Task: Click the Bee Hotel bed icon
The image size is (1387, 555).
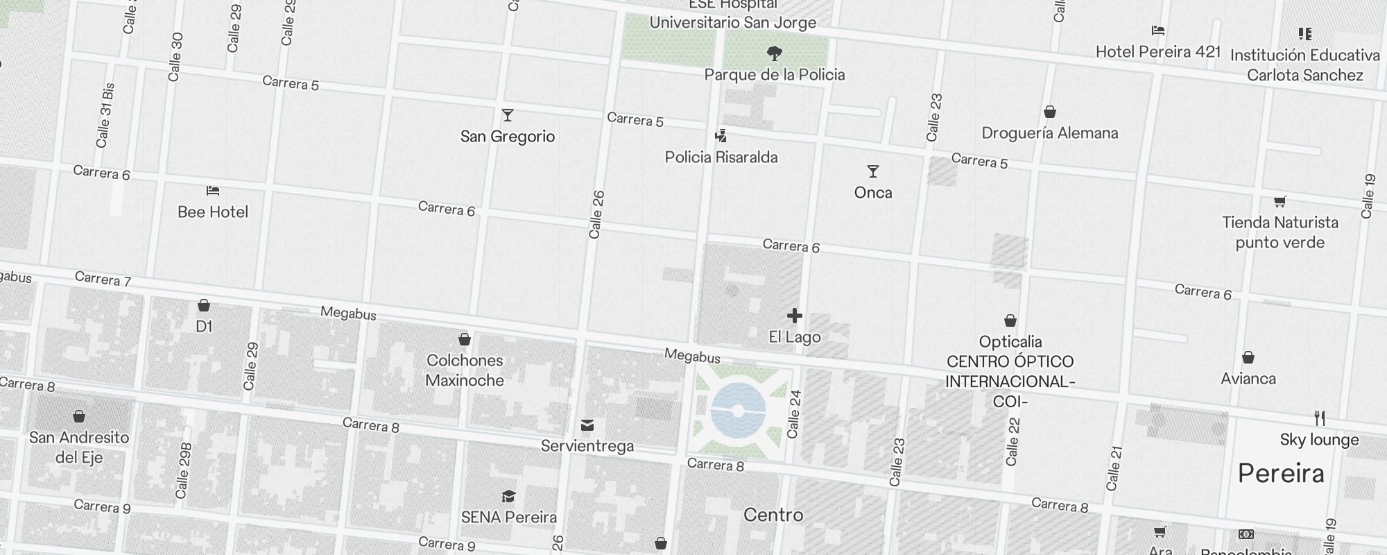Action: pyautogui.click(x=213, y=191)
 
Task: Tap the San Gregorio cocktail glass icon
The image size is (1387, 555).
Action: pyautogui.click(x=508, y=115)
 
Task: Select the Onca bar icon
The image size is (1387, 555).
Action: pyautogui.click(x=873, y=171)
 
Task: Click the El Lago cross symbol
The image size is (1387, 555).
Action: pyautogui.click(x=795, y=316)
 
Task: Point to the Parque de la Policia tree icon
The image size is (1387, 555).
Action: pyautogui.click(x=775, y=53)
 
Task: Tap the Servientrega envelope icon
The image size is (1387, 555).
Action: pyautogui.click(x=587, y=425)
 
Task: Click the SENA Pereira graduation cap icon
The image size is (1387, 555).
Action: pyautogui.click(x=509, y=496)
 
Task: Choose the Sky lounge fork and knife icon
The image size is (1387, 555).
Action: pyautogui.click(x=1320, y=418)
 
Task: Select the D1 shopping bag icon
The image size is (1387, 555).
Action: pyautogui.click(x=204, y=305)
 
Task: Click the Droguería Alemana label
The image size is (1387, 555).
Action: pyautogui.click(x=1050, y=133)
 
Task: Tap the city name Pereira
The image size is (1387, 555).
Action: pyautogui.click(x=1281, y=474)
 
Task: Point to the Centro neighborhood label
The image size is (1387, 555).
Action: pyautogui.click(x=773, y=515)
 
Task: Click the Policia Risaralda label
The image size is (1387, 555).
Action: pyautogui.click(x=721, y=157)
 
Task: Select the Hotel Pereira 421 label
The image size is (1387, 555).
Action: pyautogui.click(x=1158, y=52)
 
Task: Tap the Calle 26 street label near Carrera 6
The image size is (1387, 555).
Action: pyautogui.click(x=596, y=215)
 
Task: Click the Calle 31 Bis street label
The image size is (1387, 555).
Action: pyautogui.click(x=105, y=116)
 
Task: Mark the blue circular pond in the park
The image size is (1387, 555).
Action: pyautogui.click(x=738, y=410)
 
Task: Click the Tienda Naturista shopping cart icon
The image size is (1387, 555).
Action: pyautogui.click(x=1280, y=202)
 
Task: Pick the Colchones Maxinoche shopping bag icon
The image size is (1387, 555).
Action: pyautogui.click(x=465, y=339)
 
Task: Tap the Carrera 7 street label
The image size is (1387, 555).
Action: pyautogui.click(x=103, y=279)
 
